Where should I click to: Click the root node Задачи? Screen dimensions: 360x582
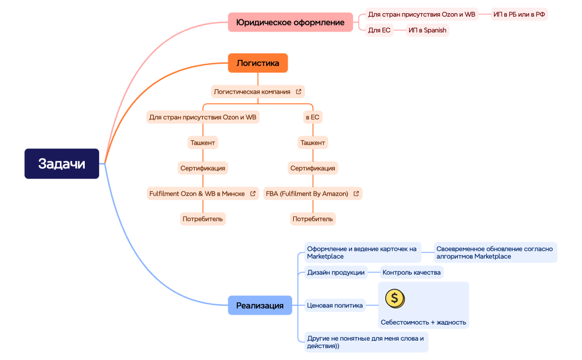(62, 163)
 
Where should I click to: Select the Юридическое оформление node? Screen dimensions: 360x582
(290, 22)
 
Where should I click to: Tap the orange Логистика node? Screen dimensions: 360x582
(258, 63)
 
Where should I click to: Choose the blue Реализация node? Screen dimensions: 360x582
(259, 305)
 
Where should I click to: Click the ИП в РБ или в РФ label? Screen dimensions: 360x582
(519, 14)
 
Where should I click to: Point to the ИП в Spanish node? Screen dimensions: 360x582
(427, 30)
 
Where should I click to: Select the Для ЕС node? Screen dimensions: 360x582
(379, 30)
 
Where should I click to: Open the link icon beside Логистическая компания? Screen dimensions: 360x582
(299, 91)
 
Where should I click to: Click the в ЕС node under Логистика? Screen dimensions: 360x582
(313, 117)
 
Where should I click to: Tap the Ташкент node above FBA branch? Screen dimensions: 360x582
(313, 143)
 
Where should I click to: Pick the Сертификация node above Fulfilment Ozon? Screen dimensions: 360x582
(203, 168)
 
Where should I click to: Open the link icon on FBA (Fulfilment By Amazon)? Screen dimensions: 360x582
(356, 194)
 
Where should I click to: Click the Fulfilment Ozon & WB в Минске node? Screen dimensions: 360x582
(197, 194)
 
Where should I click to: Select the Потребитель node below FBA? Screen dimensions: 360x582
(313, 219)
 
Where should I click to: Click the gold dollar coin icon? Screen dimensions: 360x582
(395, 299)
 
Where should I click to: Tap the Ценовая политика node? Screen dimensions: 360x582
(335, 305)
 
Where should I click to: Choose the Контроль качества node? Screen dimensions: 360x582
(411, 272)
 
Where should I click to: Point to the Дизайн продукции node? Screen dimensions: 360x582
(336, 272)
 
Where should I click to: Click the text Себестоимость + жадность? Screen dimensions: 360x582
(423, 322)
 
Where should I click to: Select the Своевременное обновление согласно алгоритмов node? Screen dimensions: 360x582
(495, 253)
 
